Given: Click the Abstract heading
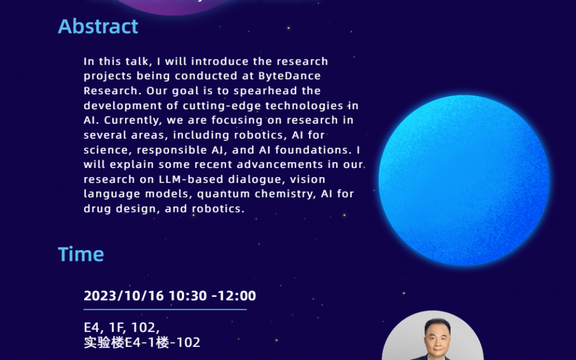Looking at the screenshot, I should tap(98, 26).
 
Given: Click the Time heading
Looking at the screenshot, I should tap(81, 254).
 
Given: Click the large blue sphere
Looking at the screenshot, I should tap(463, 180).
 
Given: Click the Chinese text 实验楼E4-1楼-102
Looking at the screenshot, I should tap(142, 343).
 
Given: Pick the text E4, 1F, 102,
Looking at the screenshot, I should tap(121, 328).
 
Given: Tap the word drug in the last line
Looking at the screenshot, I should tap(96, 209).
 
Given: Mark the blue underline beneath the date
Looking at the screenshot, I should tap(165, 310).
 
